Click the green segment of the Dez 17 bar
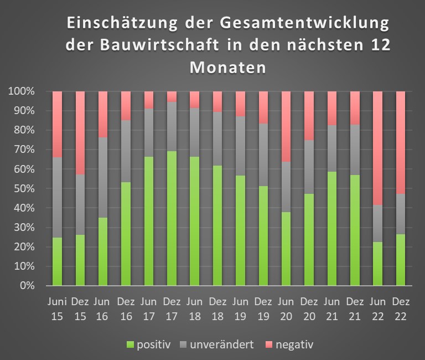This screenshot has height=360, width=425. coord(172,218)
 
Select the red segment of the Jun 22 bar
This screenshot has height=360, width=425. coord(378,148)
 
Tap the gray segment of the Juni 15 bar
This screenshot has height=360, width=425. coord(57,197)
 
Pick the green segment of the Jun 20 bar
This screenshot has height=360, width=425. coord(286,249)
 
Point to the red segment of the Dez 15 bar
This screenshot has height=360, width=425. coord(80,133)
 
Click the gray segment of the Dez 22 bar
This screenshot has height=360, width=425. coord(401,214)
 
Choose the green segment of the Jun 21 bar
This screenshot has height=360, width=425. coord(332,229)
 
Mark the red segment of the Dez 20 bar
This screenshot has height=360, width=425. coord(309,116)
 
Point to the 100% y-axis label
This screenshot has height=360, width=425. coord(22,91)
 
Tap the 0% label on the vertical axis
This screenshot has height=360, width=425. coord(27,286)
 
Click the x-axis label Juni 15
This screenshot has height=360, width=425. coord(57,309)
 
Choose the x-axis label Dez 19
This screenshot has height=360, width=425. coord(263,309)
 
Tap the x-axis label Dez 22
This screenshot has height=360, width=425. coord(401,309)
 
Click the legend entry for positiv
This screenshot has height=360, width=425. coord(149,345)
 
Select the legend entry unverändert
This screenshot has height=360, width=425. coord(217,344)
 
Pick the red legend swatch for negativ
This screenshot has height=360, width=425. coord(268,345)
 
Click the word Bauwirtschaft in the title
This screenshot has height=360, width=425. coord(159,45)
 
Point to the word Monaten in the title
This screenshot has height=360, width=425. coord(227,68)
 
